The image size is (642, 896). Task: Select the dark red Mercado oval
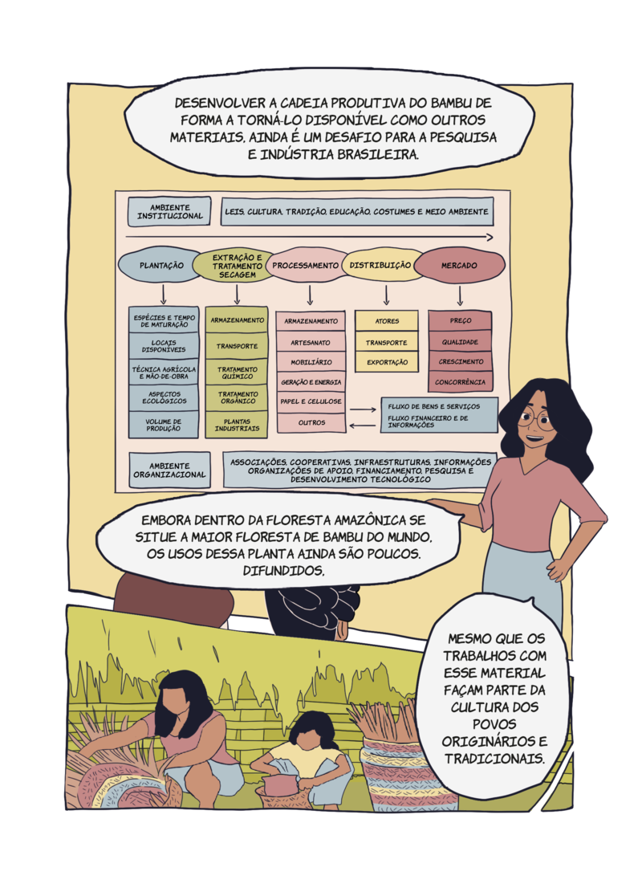pos(459,266)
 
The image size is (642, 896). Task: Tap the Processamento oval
pos(306,265)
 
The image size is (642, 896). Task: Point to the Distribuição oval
pos(380,265)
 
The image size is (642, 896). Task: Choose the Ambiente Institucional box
pos(169,212)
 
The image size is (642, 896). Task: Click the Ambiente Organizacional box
pos(169,470)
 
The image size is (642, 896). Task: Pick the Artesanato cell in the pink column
pos(311,342)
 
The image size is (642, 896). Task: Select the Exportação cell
pos(387,362)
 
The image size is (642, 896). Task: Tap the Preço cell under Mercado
pos(461,320)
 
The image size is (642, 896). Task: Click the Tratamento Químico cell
pos(237,373)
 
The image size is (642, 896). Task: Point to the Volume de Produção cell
pos(164,425)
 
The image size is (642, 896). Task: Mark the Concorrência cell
pos(461,381)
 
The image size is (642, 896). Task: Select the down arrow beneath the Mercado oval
pos(460,295)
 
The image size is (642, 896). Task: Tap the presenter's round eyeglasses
pos(536,421)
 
